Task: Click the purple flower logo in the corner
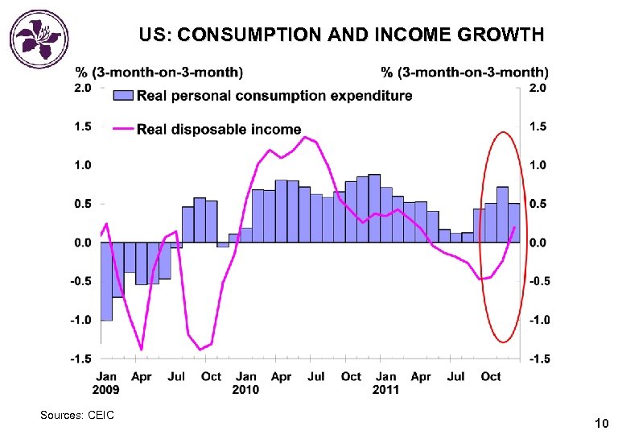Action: pos(39,36)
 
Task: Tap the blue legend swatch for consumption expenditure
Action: pos(122,95)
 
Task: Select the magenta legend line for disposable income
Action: pos(122,128)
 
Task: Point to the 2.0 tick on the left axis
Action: pos(83,87)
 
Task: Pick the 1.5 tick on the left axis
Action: pos(83,126)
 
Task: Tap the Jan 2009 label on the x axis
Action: pos(106,383)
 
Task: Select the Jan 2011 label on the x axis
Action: pos(386,383)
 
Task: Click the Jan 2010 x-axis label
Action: pos(246,383)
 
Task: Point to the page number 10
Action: pos(600,423)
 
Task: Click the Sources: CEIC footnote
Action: pos(77,415)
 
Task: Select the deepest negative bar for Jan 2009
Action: pos(106,282)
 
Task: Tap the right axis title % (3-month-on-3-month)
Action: pos(464,72)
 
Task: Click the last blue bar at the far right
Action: pos(514,223)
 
